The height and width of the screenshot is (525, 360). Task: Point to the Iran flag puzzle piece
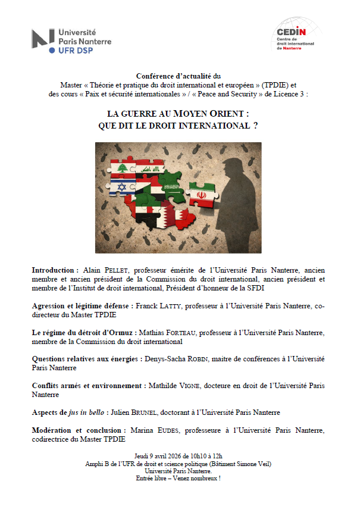200,195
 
